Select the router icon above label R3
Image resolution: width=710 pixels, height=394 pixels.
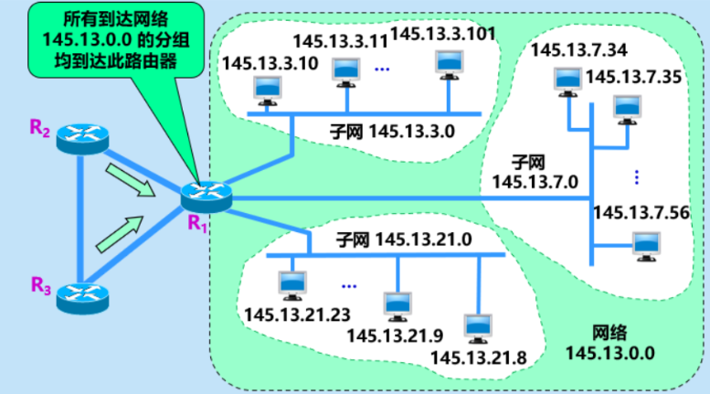(x=81, y=296)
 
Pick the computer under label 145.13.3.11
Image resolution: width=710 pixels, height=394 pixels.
(x=345, y=70)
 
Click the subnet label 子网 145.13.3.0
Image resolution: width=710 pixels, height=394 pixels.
(x=391, y=131)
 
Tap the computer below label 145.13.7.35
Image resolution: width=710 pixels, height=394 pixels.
(x=626, y=108)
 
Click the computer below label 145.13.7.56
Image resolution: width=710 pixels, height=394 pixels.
(x=647, y=243)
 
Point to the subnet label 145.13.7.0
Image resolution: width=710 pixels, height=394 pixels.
(x=535, y=171)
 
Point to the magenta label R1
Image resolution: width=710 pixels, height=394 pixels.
(x=193, y=222)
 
